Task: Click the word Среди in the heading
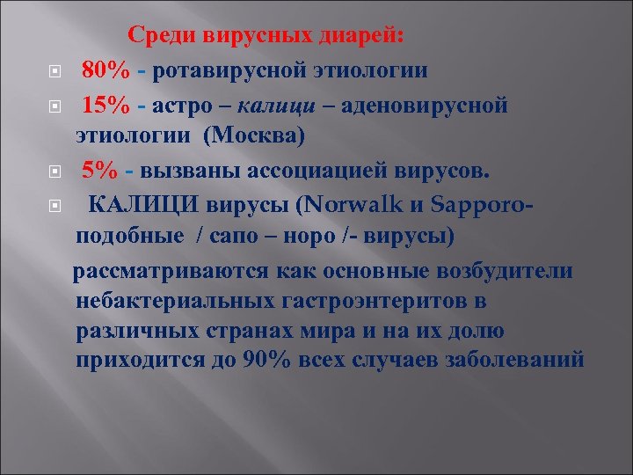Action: tap(164, 36)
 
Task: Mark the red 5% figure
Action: tap(97, 169)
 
